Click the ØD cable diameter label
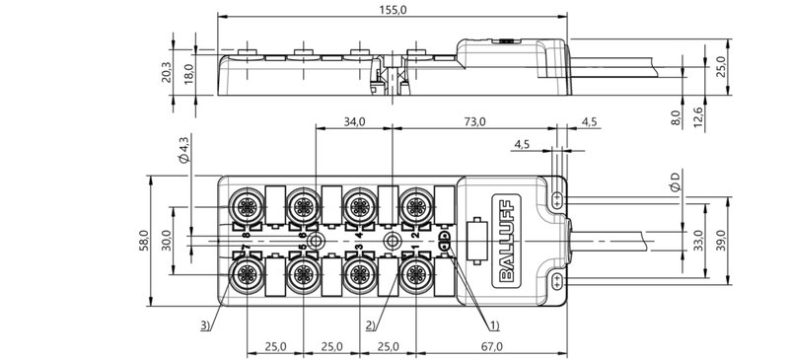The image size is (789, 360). point(674,181)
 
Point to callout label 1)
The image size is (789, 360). point(492,324)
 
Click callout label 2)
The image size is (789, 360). point(369,324)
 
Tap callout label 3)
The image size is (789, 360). point(204,324)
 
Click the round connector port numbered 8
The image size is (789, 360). point(242,206)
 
